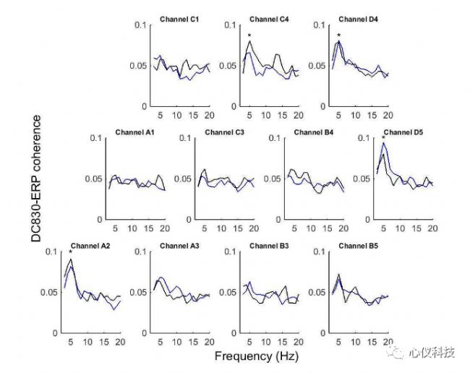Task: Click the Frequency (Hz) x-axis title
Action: [255, 356]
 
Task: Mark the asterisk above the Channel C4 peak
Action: [249, 35]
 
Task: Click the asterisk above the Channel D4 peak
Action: [338, 35]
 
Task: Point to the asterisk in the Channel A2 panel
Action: [70, 252]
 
